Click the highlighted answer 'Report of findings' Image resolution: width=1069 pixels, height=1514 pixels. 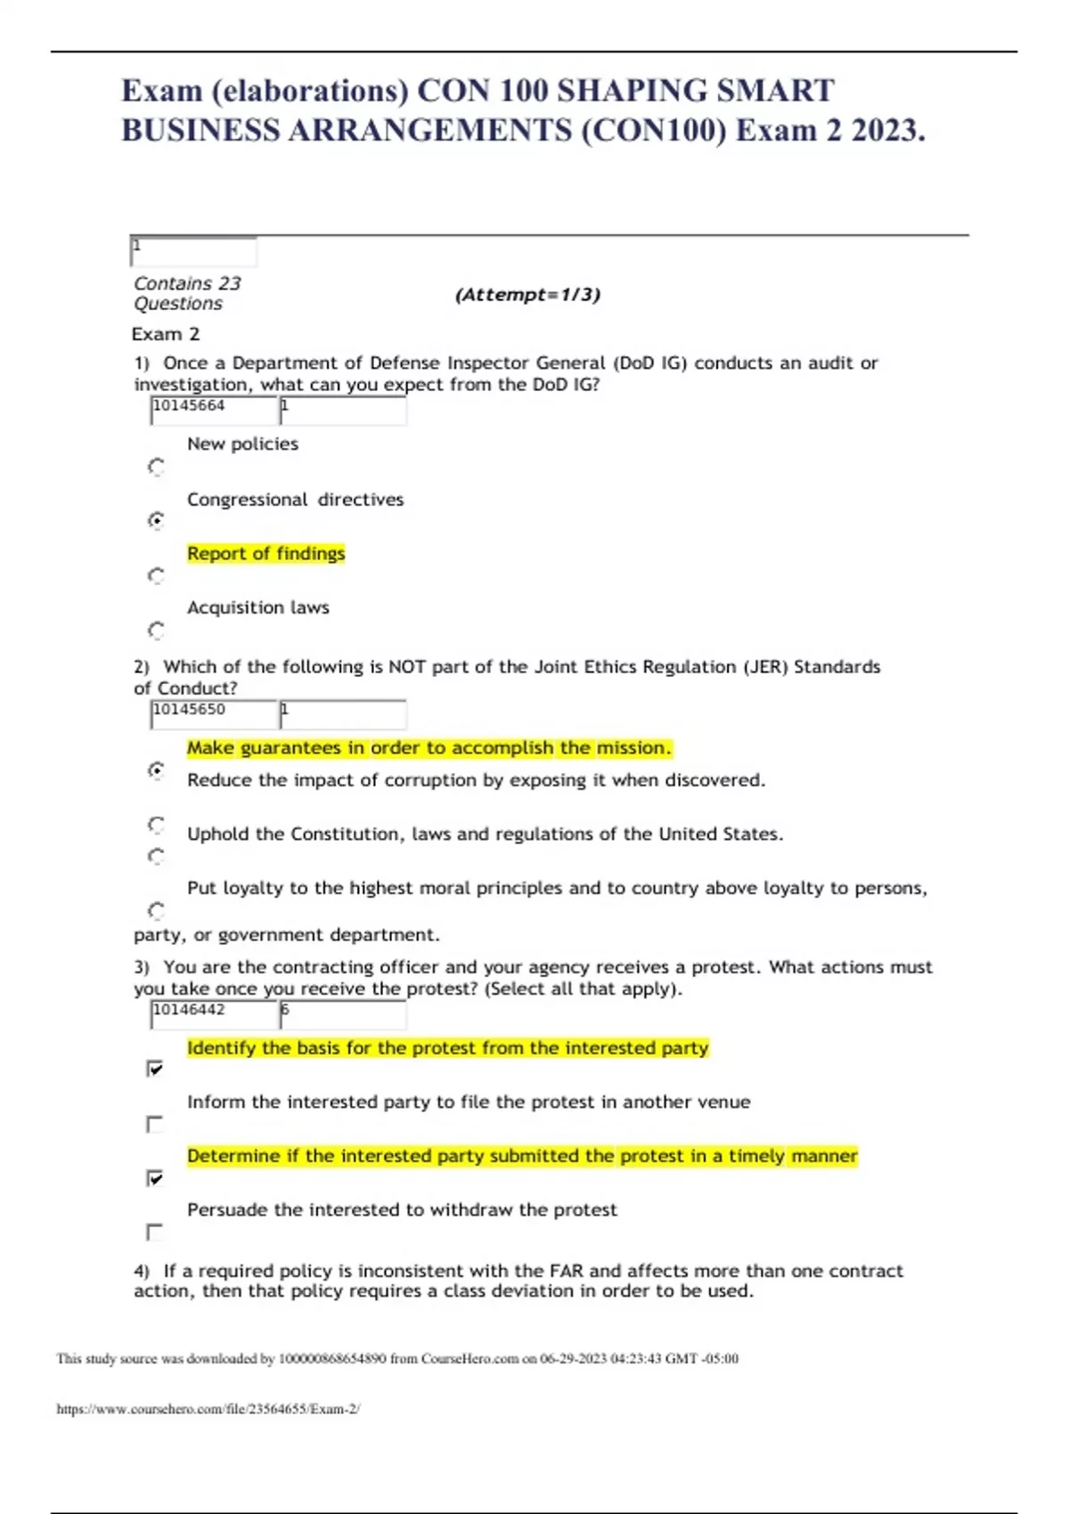click(265, 554)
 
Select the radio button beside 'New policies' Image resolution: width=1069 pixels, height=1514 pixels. click(156, 467)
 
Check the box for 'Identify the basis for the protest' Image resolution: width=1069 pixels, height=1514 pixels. click(155, 1069)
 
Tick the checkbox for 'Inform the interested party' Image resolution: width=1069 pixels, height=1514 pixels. click(155, 1124)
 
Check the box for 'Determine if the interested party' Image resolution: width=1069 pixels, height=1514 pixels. click(155, 1178)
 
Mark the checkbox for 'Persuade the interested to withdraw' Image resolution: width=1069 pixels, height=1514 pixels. click(155, 1233)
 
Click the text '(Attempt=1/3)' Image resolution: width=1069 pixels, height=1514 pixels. click(527, 295)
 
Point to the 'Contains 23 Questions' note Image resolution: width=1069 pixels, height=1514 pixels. click(187, 293)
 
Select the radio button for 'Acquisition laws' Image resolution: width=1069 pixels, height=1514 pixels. click(156, 631)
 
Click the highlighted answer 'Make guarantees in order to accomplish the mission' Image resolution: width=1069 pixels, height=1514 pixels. click(428, 748)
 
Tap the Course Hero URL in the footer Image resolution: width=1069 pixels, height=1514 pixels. click(208, 1409)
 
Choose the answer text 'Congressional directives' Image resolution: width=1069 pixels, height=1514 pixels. click(295, 500)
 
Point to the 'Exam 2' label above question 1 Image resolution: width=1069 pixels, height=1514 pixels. click(166, 334)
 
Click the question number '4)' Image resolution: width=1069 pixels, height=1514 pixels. click(142, 1271)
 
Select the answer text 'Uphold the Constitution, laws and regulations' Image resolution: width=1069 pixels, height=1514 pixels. click(485, 834)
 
